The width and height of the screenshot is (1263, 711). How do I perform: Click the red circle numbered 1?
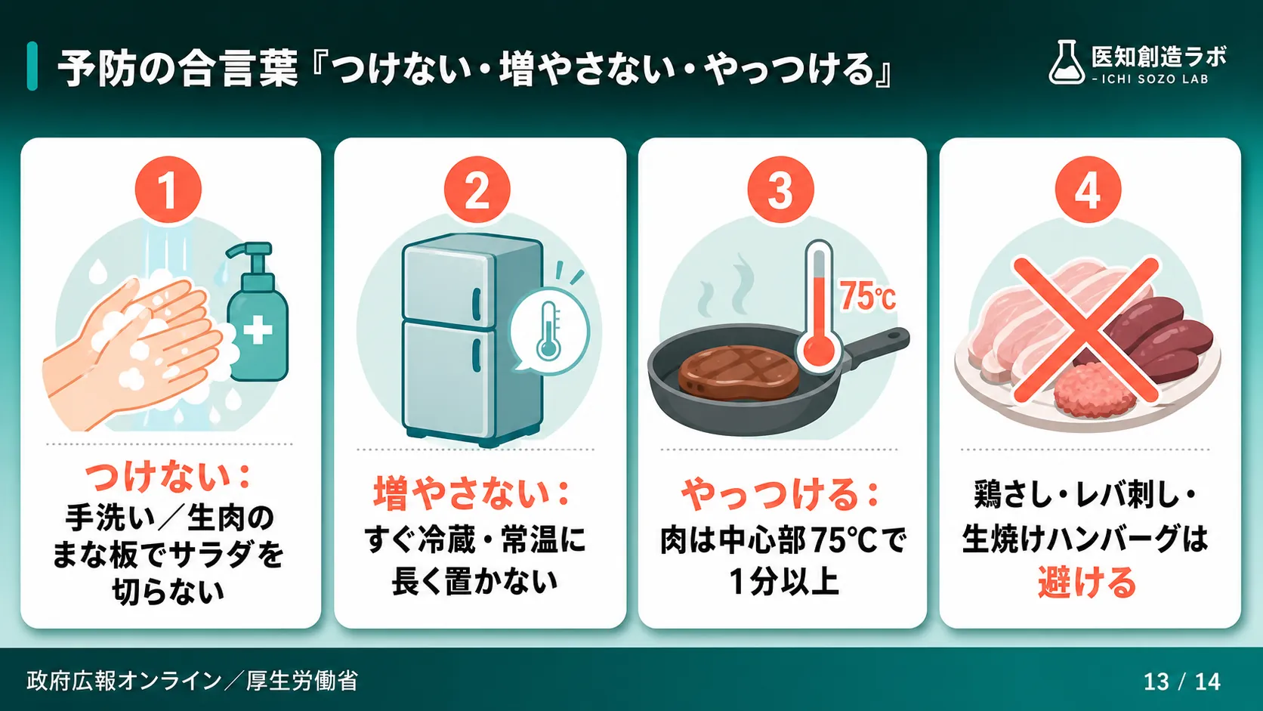pos(168,189)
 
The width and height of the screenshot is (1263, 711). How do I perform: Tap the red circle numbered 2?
pos(477,189)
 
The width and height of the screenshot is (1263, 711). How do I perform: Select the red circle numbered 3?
pos(781,189)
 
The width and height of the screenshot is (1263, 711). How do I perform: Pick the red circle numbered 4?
pos(1089,189)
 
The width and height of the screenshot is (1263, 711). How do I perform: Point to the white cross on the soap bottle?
pos(258,330)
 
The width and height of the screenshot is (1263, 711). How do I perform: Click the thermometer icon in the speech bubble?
pos(548,331)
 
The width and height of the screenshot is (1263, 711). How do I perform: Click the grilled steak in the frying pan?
pos(739,373)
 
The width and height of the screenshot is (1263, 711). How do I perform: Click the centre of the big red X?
pos(1086,330)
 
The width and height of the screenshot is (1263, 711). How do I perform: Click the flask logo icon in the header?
pos(1066,63)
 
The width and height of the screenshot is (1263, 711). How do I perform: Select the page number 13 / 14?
pos(1182,682)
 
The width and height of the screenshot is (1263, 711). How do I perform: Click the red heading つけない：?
pos(168,478)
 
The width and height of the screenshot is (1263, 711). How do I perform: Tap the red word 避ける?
pos(1086,583)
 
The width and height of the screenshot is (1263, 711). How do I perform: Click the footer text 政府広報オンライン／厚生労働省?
pos(192,681)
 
